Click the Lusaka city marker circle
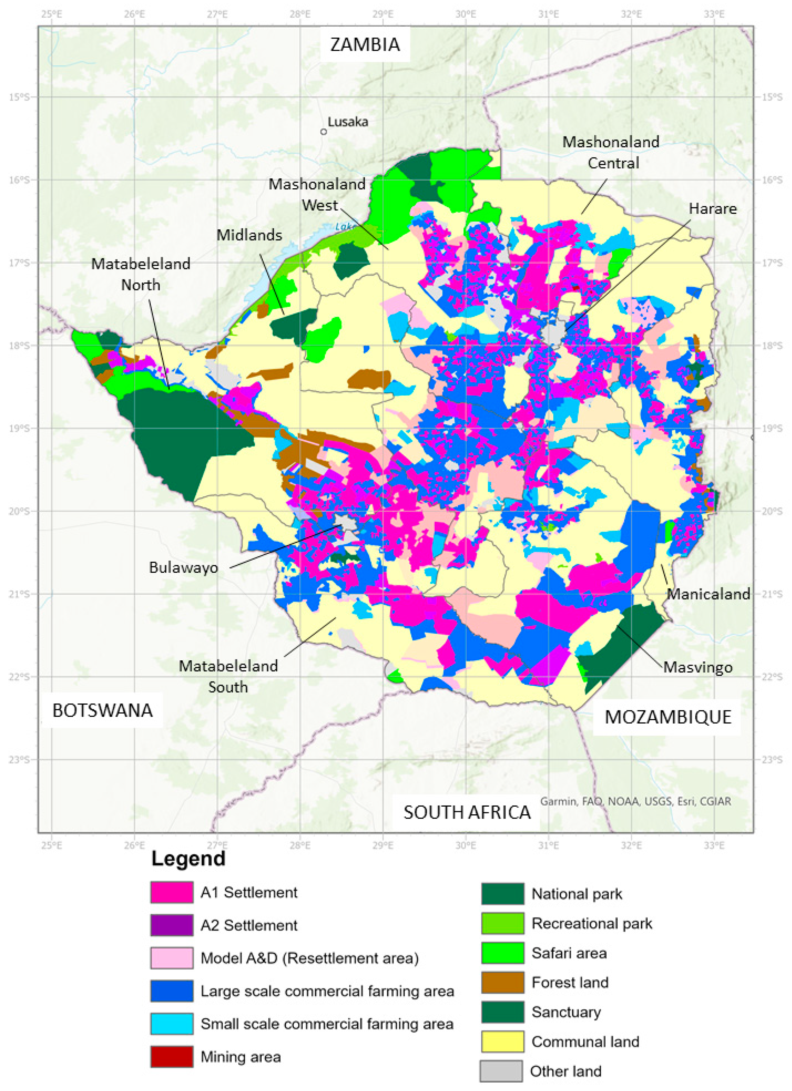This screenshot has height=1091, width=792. click(x=324, y=132)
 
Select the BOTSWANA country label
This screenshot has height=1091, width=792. click(x=102, y=710)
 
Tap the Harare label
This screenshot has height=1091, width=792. click(x=712, y=208)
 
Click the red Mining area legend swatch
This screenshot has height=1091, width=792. click(x=172, y=1057)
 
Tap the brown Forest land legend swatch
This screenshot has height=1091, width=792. click(x=502, y=982)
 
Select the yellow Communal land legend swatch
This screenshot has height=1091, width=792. click(x=502, y=1042)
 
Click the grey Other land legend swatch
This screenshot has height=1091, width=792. click(x=501, y=1071)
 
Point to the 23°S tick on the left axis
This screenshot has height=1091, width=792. click(x=19, y=760)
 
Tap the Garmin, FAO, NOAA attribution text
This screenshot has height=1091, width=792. click(x=635, y=801)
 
